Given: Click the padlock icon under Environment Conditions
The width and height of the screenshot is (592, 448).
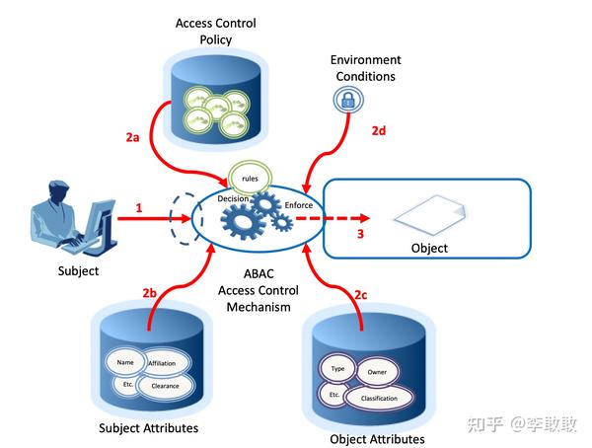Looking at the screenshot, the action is [347, 100].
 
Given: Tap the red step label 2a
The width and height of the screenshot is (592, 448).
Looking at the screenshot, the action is [132, 137].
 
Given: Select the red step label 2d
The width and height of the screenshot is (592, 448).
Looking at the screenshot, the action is [379, 130].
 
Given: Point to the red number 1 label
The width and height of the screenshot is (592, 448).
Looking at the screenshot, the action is [139, 208].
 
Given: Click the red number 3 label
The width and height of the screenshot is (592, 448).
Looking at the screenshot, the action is [360, 234].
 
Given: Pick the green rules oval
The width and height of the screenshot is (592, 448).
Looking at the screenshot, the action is [250, 178].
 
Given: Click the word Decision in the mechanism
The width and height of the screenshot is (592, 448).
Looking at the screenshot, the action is [233, 198].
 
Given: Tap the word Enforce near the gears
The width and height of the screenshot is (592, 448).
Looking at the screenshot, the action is [299, 205].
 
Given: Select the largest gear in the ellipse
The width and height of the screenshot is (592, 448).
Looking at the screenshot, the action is [242, 221].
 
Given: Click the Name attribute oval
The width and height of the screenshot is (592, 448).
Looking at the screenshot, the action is [125, 362].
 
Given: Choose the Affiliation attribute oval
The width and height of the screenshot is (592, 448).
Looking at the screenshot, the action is [163, 363].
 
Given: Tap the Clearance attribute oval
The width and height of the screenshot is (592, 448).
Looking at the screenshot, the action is [165, 386].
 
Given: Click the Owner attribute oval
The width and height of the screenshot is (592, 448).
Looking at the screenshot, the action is [377, 372].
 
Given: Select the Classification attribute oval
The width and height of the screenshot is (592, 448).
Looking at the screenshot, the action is [379, 398].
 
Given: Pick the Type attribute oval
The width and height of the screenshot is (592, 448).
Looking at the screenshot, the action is [337, 368].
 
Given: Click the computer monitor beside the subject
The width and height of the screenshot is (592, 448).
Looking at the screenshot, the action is [101, 224].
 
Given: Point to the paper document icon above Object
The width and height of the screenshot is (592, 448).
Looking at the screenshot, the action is [430, 215].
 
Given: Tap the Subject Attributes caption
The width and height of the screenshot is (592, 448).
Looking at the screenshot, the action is [148, 428].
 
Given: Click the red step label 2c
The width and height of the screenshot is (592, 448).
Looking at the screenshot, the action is [360, 295].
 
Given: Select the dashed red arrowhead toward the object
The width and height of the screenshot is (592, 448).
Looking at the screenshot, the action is [365, 218].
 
